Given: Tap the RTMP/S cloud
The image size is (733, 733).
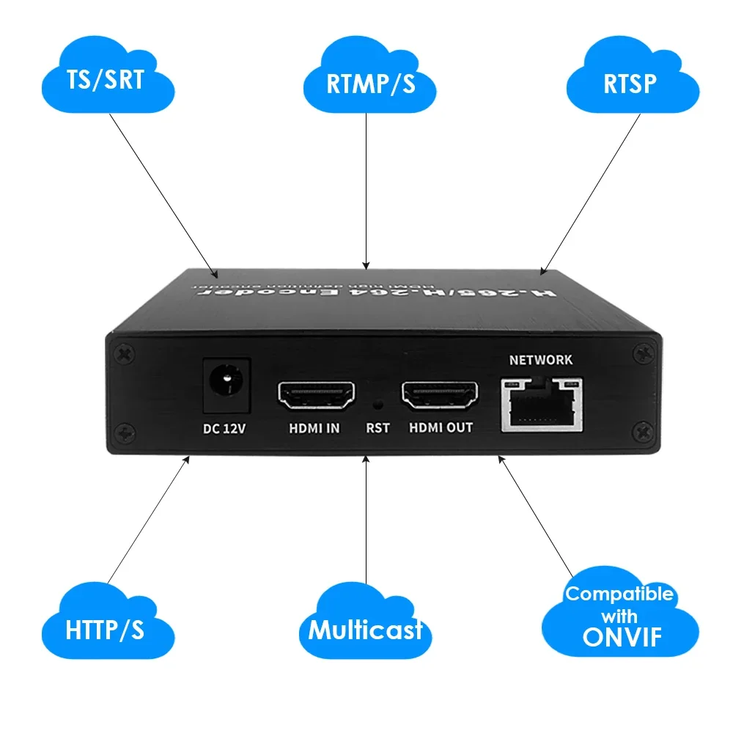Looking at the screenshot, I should coord(370,83).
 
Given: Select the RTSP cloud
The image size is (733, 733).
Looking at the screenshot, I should coord(630,83).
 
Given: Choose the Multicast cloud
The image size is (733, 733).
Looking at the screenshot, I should coord(365,629).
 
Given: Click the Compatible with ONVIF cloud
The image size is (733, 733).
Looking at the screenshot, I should coord(619,616).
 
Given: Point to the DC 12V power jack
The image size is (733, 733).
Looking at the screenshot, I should coord(226,383).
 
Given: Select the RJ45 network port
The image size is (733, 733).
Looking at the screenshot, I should coord(542,404).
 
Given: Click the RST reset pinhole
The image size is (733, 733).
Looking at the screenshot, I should coord(378,403).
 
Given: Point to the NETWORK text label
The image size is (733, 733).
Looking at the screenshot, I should coord(542,360).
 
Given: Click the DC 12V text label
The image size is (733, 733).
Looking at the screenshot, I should coord(224,428).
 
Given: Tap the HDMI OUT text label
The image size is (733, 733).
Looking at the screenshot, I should coord(440,427).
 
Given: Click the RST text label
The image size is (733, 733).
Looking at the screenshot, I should coord(377,428).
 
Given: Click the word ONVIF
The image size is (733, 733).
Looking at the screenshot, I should coord(622,638).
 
